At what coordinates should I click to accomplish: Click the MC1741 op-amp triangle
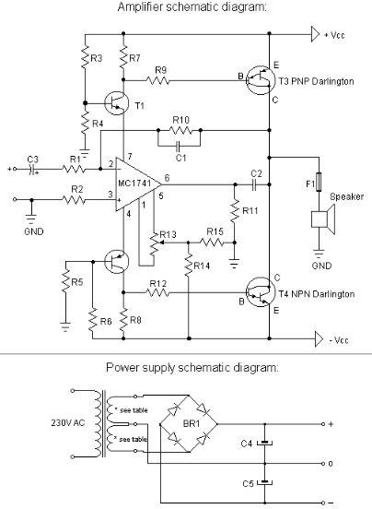[136, 184]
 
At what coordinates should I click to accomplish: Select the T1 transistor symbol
[117, 103]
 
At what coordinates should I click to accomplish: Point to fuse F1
[319, 182]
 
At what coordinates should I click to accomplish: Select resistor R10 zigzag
[180, 131]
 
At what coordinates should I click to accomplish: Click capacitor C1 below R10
[178, 146]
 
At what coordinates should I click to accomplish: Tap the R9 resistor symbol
[157, 80]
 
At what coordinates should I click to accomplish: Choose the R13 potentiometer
[156, 243]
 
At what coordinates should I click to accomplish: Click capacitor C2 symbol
[254, 184]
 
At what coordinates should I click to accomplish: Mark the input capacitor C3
[31, 169]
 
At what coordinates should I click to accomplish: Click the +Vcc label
[334, 35]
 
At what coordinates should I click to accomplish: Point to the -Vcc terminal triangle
[319, 339]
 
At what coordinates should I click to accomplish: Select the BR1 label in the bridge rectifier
[192, 423]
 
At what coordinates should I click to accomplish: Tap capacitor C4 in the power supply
[265, 443]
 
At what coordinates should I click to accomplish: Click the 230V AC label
[68, 423]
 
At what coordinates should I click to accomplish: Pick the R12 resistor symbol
[157, 293]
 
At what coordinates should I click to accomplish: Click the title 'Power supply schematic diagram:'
[192, 368]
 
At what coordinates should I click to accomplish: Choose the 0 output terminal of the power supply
[323, 464]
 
